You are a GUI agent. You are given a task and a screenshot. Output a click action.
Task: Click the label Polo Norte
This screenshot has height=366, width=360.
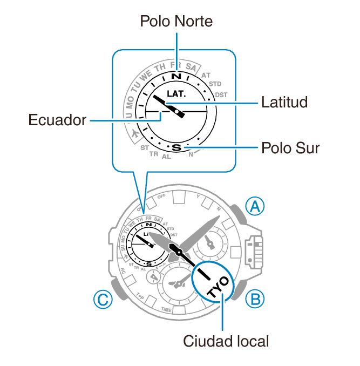tap(176, 21)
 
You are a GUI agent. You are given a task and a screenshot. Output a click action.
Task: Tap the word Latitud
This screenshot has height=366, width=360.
tap(284, 102)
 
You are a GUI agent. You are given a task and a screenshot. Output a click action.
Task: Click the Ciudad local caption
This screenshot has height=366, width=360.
tap(226, 341)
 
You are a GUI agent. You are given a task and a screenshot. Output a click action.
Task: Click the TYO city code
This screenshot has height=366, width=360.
tap(217, 281)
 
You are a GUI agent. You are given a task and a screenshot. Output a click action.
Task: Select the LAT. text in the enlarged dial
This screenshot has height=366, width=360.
tap(176, 93)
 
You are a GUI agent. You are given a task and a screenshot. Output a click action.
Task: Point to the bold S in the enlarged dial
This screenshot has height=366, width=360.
tap(176, 146)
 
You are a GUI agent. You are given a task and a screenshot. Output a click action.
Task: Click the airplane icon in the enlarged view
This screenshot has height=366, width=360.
tap(134, 133)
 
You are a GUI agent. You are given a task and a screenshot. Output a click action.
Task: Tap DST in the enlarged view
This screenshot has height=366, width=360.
tap(221, 95)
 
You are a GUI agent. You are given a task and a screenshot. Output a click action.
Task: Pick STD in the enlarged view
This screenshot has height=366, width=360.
tap(215, 84)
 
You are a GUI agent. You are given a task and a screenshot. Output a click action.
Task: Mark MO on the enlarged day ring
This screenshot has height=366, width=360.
tap(130, 100)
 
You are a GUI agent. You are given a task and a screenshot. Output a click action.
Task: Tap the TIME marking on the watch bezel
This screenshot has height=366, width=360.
tap(167, 310)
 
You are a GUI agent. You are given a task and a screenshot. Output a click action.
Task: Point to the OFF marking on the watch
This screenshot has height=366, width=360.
tap(161, 197)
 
